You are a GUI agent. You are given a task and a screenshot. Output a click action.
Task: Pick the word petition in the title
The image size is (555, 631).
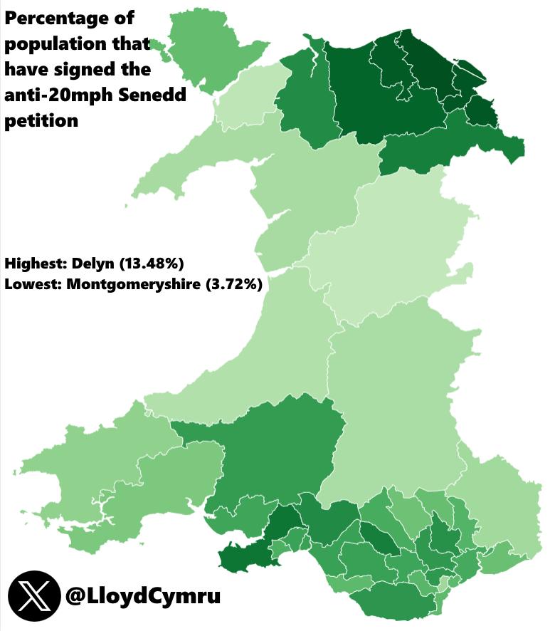(41, 120)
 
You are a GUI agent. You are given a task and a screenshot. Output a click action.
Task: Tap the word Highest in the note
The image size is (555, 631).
(34, 264)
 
